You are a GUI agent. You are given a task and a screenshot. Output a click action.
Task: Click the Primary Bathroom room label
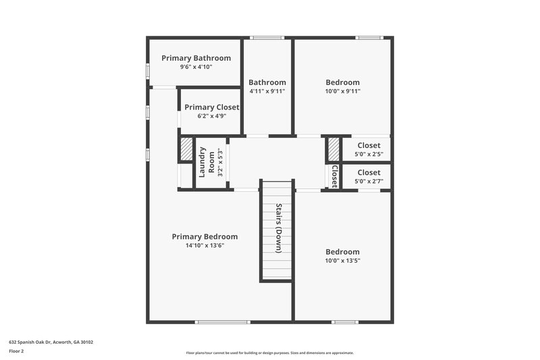click(x=196, y=58)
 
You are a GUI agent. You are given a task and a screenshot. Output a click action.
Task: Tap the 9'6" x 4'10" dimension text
click(x=196, y=68)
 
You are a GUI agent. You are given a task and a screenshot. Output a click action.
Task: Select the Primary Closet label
click(x=211, y=107)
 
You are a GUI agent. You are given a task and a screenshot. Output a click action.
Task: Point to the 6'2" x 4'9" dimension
click(x=211, y=116)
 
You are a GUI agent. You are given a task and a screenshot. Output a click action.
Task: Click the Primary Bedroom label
click(x=205, y=236)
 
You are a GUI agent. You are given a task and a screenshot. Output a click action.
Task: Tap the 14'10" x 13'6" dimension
click(x=205, y=246)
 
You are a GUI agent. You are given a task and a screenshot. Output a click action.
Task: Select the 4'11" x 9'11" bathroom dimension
click(x=267, y=91)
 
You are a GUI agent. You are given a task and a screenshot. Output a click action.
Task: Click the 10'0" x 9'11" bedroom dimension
click(x=342, y=91)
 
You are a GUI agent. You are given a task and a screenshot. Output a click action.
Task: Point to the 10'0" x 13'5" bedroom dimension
click(x=342, y=261)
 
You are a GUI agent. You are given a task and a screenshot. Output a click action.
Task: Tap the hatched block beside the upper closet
click(x=333, y=149)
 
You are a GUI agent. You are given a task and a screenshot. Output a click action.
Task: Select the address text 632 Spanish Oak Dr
click(x=51, y=342)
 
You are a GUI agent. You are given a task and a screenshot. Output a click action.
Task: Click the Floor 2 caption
click(x=16, y=352)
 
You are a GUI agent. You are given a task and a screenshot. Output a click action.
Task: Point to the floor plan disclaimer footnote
click(x=269, y=353)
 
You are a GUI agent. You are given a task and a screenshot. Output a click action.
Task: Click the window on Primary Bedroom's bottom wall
click(x=222, y=322)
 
